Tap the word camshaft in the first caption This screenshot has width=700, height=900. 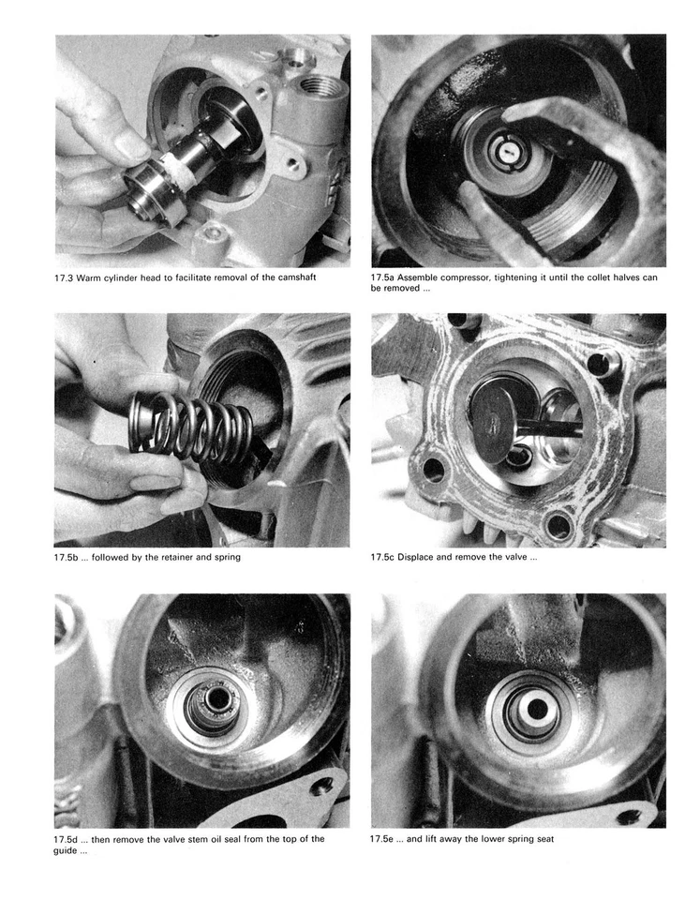pos(316,278)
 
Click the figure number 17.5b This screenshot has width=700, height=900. pos(67,558)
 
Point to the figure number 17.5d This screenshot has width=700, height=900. pos(67,839)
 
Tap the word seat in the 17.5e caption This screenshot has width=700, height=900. pos(544,839)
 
